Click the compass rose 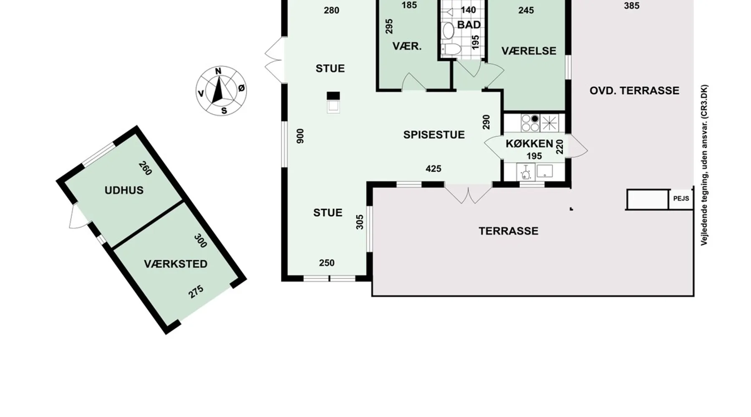point(221,91)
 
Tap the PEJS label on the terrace point(681,199)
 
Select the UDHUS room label point(124,190)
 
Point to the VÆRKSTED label point(176,264)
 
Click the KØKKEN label point(529,144)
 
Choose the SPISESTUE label point(434,135)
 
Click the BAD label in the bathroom point(469,25)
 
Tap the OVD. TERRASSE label point(634,90)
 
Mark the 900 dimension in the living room point(300,136)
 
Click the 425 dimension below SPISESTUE point(433,168)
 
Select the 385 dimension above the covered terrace point(632,6)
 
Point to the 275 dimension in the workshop point(196,291)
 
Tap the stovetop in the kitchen point(530,123)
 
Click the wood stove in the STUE point(333,102)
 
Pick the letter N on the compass point(218,71)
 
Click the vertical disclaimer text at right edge point(704,165)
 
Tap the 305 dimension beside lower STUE point(360,222)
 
